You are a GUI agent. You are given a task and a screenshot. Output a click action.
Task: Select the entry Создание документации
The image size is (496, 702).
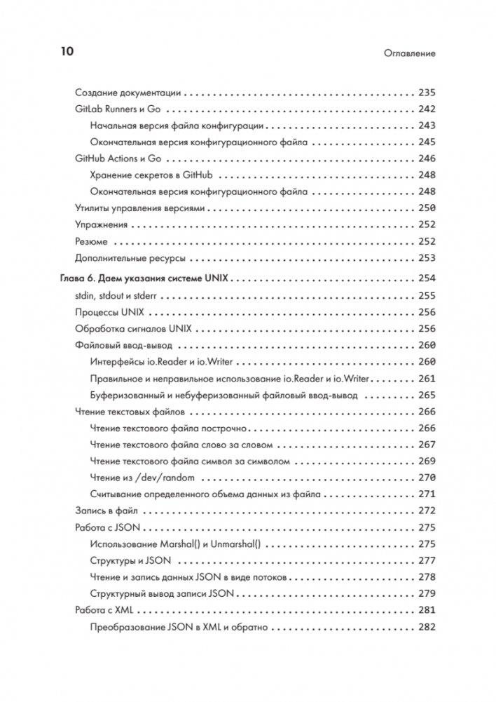click(128, 92)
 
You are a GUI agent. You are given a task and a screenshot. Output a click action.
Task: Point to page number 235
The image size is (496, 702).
click(426, 92)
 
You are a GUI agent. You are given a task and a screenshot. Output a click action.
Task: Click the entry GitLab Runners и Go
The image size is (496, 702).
click(118, 109)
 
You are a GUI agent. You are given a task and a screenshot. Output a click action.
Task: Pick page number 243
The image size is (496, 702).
click(426, 126)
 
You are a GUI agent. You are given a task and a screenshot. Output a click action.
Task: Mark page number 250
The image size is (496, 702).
click(426, 208)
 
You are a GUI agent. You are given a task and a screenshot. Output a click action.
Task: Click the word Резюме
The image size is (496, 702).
click(90, 241)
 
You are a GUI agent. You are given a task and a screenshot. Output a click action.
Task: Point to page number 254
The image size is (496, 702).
click(426, 278)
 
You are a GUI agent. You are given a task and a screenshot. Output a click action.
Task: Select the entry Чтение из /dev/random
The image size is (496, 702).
click(142, 478)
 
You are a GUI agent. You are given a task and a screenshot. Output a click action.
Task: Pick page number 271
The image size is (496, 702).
click(426, 494)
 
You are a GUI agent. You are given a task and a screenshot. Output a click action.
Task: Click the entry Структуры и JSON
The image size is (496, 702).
click(132, 560)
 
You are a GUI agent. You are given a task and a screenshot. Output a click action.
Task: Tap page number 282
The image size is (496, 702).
click(426, 627)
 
